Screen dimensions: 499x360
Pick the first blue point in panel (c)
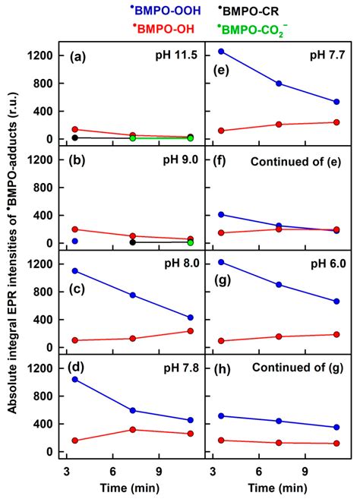click(x=75, y=270)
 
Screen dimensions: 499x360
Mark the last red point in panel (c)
click(x=190, y=331)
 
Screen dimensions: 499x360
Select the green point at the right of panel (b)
click(x=190, y=242)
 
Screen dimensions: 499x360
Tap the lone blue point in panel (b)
click(x=75, y=241)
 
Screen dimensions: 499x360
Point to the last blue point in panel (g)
click(x=336, y=302)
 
